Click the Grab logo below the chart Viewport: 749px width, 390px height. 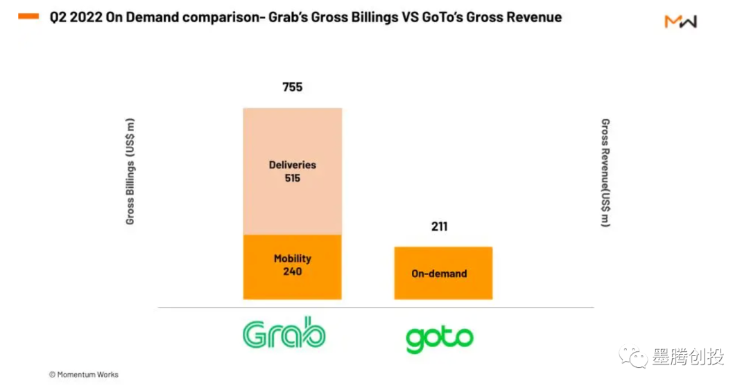(x=284, y=335)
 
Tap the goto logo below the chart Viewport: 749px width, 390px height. (x=439, y=339)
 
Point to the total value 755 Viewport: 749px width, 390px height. (x=292, y=87)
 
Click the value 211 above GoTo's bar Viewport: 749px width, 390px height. (x=438, y=227)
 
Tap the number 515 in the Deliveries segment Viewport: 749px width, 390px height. (x=292, y=178)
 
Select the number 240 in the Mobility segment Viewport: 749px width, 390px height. (x=292, y=272)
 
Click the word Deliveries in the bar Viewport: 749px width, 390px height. (x=292, y=165)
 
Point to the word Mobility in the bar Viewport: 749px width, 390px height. (x=292, y=258)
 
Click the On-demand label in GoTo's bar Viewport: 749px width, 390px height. (x=439, y=274)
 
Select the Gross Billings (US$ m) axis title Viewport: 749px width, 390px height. (x=130, y=172)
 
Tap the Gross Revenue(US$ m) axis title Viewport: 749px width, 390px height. (x=605, y=173)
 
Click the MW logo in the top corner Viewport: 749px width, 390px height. (x=680, y=21)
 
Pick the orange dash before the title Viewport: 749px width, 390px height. (x=28, y=17)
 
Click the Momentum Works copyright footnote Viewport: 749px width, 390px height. (x=83, y=375)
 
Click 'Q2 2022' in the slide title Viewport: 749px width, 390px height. (x=76, y=17)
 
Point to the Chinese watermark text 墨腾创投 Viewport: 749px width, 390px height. (x=688, y=357)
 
